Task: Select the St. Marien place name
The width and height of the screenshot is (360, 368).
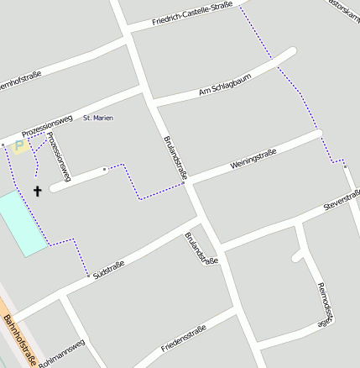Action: tap(98, 118)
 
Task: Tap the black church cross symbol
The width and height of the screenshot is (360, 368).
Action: tap(37, 191)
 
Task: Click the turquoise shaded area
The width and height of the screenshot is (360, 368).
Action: tap(21, 223)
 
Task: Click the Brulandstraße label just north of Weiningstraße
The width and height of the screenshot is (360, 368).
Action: tap(174, 157)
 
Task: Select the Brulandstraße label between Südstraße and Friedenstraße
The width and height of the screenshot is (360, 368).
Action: tap(201, 248)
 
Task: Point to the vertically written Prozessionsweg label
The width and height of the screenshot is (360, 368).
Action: tap(59, 156)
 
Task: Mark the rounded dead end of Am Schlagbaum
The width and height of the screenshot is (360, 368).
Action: tap(291, 53)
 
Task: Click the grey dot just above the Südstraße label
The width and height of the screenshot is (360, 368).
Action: tap(88, 275)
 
